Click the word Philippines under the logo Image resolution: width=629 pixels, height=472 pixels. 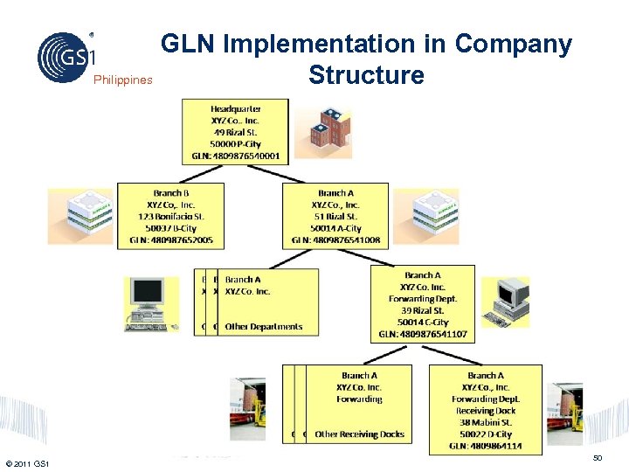tap(122, 80)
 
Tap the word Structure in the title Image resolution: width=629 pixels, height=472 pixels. tap(366, 75)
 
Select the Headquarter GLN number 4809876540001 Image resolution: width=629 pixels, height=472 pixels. tap(236, 156)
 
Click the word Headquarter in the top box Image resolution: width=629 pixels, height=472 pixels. tap(236, 108)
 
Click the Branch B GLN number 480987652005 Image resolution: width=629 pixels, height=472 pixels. tap(170, 240)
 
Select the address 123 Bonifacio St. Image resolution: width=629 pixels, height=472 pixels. tap(170, 216)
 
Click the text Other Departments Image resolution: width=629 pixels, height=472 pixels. tap(264, 327)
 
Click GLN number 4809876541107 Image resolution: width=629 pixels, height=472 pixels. tap(423, 334)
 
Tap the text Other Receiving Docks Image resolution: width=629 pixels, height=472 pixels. tap(359, 434)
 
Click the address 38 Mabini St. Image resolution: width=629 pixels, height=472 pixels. tap(486, 422)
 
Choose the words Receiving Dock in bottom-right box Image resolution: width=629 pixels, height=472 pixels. tap(486, 410)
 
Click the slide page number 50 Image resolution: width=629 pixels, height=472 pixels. tap(598, 458)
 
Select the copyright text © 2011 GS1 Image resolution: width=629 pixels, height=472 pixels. tap(27, 462)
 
